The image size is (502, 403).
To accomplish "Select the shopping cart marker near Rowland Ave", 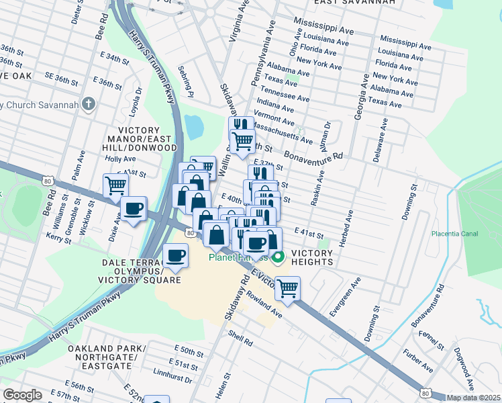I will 288,288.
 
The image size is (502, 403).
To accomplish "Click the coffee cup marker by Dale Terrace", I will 176,255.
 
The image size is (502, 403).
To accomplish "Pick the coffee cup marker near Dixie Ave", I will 134,209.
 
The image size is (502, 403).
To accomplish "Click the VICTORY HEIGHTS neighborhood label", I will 311,258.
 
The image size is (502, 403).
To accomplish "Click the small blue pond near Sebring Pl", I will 194,125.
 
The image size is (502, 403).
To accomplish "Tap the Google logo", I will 22,395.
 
